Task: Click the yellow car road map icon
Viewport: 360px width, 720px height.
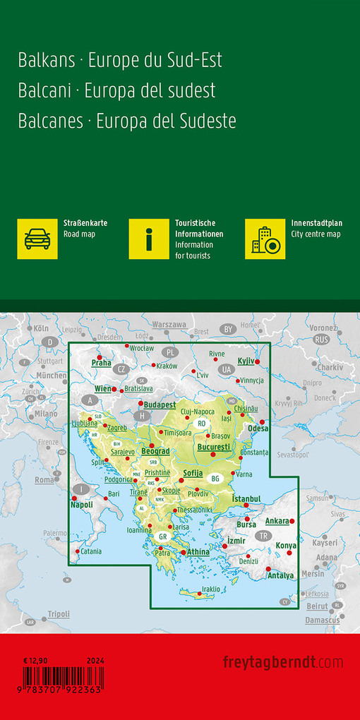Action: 37,239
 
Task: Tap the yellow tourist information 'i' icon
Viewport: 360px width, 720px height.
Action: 149,239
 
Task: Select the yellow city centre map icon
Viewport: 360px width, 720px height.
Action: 265,239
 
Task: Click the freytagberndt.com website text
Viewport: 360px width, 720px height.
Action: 283,662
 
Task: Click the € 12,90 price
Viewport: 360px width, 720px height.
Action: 35,660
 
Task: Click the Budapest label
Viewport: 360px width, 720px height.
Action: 159,404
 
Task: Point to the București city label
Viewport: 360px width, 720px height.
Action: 214,448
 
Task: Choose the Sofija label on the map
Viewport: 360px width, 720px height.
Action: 193,472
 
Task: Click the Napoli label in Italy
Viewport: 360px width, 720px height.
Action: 82,505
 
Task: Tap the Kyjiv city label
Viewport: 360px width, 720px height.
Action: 246,361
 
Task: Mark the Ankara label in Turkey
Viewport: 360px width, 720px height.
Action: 277,521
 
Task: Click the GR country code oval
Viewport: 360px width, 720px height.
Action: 162,536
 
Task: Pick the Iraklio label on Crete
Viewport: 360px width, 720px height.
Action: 212,589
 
